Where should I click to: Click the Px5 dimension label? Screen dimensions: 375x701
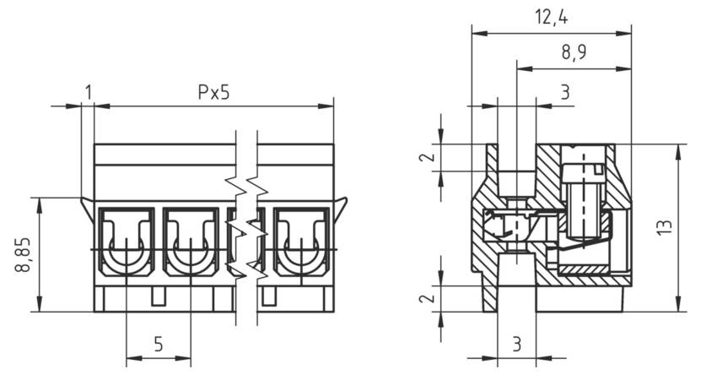tap(213, 92)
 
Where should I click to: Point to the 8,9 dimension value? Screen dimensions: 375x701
tap(574, 52)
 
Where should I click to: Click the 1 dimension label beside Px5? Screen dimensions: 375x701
tap(88, 92)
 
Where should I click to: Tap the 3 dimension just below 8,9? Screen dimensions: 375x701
tap(564, 92)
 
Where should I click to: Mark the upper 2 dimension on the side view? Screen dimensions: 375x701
tap(428, 157)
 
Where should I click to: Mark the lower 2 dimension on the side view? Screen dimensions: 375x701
tap(428, 298)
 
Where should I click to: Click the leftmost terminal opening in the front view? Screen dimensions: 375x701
tap(126, 241)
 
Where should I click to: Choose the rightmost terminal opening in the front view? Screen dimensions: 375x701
tap(302, 241)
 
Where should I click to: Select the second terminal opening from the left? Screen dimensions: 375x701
tap(191, 241)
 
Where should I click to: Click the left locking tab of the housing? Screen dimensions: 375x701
tap(87, 207)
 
